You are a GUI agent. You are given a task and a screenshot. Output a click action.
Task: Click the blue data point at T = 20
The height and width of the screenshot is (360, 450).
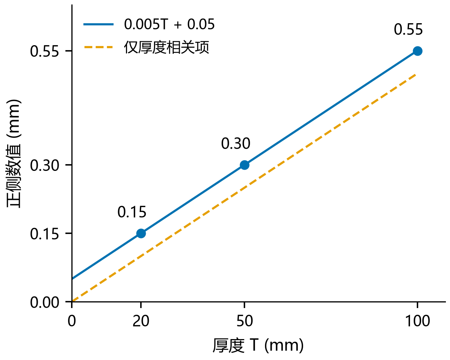(141, 233)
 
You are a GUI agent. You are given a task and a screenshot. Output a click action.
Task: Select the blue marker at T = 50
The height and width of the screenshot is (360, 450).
(244, 165)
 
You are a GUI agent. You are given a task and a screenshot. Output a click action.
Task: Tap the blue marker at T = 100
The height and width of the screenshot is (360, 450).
(417, 51)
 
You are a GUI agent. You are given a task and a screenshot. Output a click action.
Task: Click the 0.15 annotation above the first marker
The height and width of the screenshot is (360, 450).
(132, 212)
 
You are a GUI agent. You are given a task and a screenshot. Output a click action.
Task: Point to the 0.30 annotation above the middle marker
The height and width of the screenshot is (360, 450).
(236, 144)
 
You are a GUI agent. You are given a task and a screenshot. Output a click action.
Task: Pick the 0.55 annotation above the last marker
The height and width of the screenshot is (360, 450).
(408, 29)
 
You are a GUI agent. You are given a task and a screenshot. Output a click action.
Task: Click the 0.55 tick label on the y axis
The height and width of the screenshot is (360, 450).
(44, 52)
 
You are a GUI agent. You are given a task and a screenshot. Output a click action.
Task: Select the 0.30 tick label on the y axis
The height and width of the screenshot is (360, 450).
(44, 166)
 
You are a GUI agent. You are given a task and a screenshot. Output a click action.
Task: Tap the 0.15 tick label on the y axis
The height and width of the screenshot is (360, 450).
(44, 234)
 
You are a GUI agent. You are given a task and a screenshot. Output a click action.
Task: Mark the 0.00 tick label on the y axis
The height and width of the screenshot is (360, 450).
(44, 302)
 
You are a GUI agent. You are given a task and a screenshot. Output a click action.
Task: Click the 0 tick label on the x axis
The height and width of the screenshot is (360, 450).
(72, 321)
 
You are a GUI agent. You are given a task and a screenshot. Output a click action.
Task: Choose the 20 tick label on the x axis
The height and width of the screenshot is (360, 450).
(141, 321)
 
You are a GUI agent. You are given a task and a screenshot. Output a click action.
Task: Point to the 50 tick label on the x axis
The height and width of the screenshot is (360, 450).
(244, 321)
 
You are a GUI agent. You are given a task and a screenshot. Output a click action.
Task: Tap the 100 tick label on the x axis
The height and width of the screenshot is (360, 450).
(417, 321)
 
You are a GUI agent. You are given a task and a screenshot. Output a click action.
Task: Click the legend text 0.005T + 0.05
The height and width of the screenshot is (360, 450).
(169, 24)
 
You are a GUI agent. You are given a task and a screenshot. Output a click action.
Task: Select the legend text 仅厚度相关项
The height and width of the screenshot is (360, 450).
(166, 47)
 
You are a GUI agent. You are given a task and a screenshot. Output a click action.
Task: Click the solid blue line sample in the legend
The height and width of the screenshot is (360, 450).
(99, 24)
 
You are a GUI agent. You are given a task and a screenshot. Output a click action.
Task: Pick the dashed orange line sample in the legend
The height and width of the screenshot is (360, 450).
(99, 47)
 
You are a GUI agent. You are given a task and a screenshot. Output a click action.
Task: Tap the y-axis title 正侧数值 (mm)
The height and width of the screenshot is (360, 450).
(14, 154)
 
